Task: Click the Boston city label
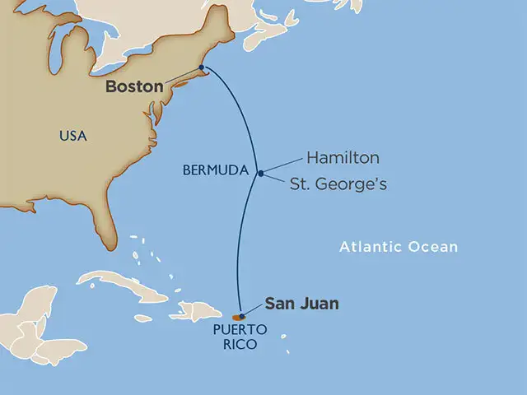133,86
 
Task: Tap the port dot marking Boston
202,68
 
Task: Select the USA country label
72,135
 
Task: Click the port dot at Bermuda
260,173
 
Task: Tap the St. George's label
338,185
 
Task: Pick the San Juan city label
301,304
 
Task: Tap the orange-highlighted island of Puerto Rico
236,317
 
